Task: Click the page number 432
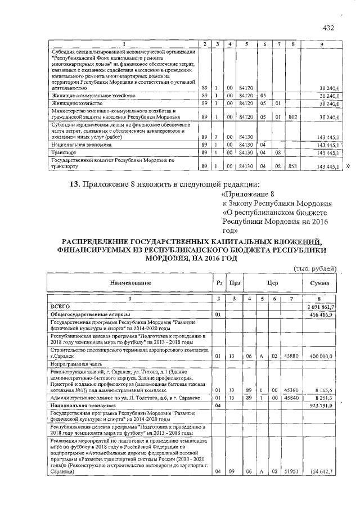pyautogui.click(x=329, y=28)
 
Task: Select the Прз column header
pyautogui.click(x=232, y=282)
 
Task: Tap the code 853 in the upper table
pyautogui.click(x=292, y=167)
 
